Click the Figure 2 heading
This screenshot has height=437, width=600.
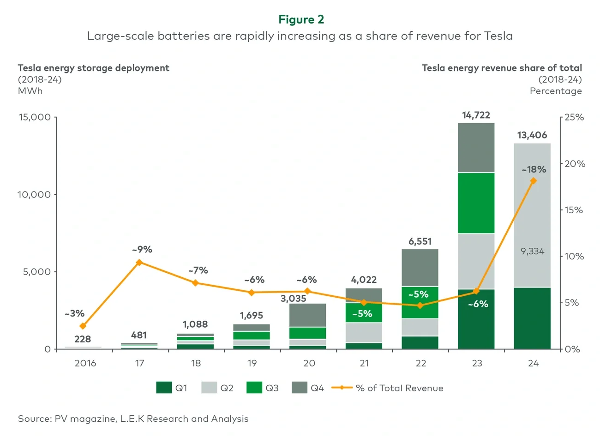301,19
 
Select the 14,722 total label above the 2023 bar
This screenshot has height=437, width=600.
476,115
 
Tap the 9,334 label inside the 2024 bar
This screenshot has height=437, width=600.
532,251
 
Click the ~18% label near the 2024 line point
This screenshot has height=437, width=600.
534,169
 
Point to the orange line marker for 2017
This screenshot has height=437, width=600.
139,262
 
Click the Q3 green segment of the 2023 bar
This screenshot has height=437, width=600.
476,203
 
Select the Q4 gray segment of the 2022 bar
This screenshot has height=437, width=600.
420,268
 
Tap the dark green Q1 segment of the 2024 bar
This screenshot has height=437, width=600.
532,318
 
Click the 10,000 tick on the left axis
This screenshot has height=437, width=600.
34,194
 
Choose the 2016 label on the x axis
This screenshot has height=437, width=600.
85,363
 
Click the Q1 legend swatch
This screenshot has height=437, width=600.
164,388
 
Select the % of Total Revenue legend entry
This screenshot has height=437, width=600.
399,388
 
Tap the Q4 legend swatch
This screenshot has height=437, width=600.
300,388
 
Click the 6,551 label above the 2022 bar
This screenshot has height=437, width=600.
420,241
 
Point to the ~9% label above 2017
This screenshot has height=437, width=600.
142,249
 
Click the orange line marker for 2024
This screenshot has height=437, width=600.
533,181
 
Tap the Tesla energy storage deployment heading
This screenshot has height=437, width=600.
93,68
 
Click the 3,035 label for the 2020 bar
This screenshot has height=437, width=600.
293,299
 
